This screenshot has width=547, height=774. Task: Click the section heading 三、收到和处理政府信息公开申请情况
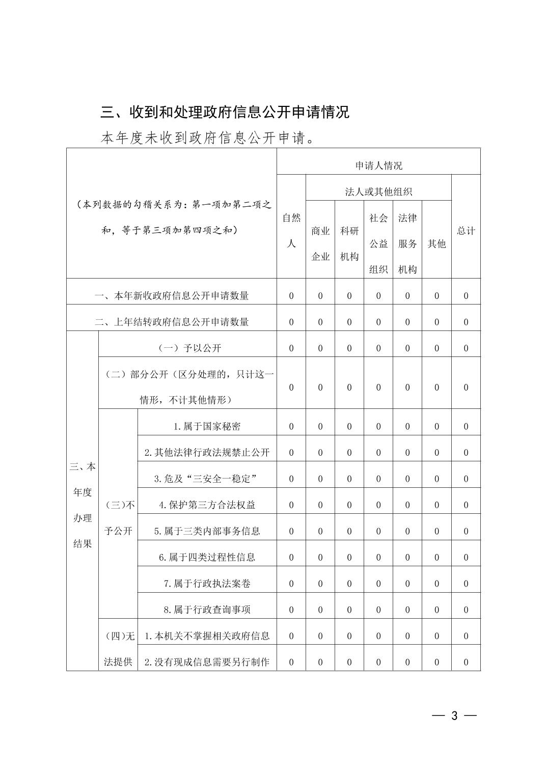(x=225, y=112)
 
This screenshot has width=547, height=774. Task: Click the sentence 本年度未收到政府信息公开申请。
(x=208, y=138)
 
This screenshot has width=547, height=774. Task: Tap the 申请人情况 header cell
(x=378, y=165)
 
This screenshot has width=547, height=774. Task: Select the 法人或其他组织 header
(x=378, y=192)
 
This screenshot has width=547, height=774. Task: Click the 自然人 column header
(x=291, y=231)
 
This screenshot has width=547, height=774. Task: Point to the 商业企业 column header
(x=320, y=244)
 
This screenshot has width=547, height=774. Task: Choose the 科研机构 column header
(x=349, y=244)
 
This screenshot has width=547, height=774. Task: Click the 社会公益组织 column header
(x=378, y=244)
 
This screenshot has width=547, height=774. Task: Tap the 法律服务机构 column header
(x=407, y=244)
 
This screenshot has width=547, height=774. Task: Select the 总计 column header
(x=466, y=231)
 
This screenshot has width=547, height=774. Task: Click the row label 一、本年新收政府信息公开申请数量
(x=172, y=296)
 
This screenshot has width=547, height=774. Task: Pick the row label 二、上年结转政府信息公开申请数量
(x=172, y=322)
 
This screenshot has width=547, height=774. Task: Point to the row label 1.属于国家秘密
(x=207, y=427)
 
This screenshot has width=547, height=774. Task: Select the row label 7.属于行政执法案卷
(x=207, y=584)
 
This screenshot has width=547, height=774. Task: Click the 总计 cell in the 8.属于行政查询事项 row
(x=466, y=610)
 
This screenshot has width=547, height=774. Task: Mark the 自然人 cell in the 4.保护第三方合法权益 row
(x=291, y=505)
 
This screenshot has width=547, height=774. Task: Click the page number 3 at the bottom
(x=454, y=716)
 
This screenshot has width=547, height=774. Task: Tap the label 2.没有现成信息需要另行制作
(x=207, y=662)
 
